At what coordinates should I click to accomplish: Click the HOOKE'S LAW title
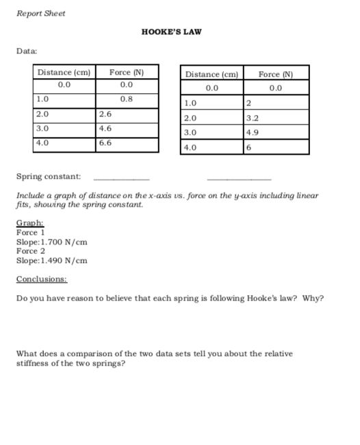171,32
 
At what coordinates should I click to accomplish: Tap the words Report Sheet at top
41,14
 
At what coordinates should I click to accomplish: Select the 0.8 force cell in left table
126,99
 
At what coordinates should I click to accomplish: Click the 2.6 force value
105,114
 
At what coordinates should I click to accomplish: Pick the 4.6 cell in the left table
105,128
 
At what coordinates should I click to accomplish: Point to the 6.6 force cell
105,143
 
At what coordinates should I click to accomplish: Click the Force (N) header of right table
276,74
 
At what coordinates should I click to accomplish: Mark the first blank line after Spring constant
120,179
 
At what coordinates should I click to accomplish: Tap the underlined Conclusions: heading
42,279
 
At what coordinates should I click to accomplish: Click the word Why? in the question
314,298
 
